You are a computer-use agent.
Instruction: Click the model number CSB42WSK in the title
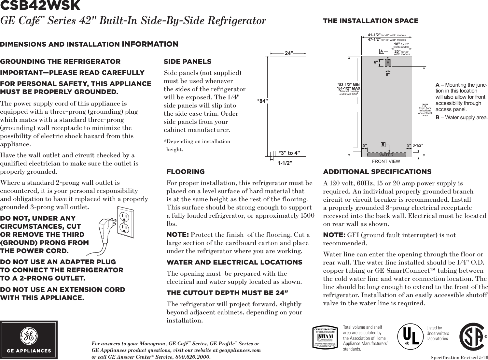click(40, 6)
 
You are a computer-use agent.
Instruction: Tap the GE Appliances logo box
click(29, 340)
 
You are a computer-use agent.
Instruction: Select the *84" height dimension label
click(262, 101)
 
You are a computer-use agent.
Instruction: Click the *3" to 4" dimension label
click(289, 153)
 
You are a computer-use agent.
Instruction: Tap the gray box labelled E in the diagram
click(388, 63)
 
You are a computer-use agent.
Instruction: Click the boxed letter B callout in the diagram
click(383, 144)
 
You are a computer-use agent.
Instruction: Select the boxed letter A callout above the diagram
click(381, 51)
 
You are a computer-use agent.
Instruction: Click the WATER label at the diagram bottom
click(386, 155)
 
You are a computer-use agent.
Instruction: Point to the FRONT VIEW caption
click(386, 161)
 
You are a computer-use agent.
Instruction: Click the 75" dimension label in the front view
click(425, 105)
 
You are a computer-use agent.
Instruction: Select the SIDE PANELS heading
click(187, 62)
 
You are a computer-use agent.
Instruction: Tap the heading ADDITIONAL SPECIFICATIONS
click(377, 172)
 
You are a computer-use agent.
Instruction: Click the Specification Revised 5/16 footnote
click(459, 357)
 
